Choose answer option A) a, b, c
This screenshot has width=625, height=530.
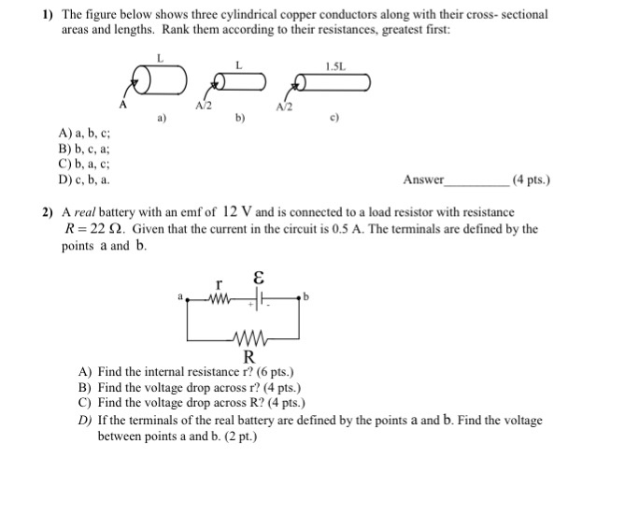(x=89, y=135)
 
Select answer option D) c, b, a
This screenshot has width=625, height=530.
(x=89, y=179)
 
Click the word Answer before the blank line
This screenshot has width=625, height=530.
(x=424, y=179)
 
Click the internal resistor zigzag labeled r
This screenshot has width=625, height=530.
(x=219, y=299)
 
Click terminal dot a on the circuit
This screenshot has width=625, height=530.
(x=187, y=299)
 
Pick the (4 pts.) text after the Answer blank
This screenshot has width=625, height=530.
(x=531, y=179)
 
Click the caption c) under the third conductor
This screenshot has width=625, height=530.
(x=334, y=119)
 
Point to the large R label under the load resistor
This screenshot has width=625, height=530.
(x=249, y=357)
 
